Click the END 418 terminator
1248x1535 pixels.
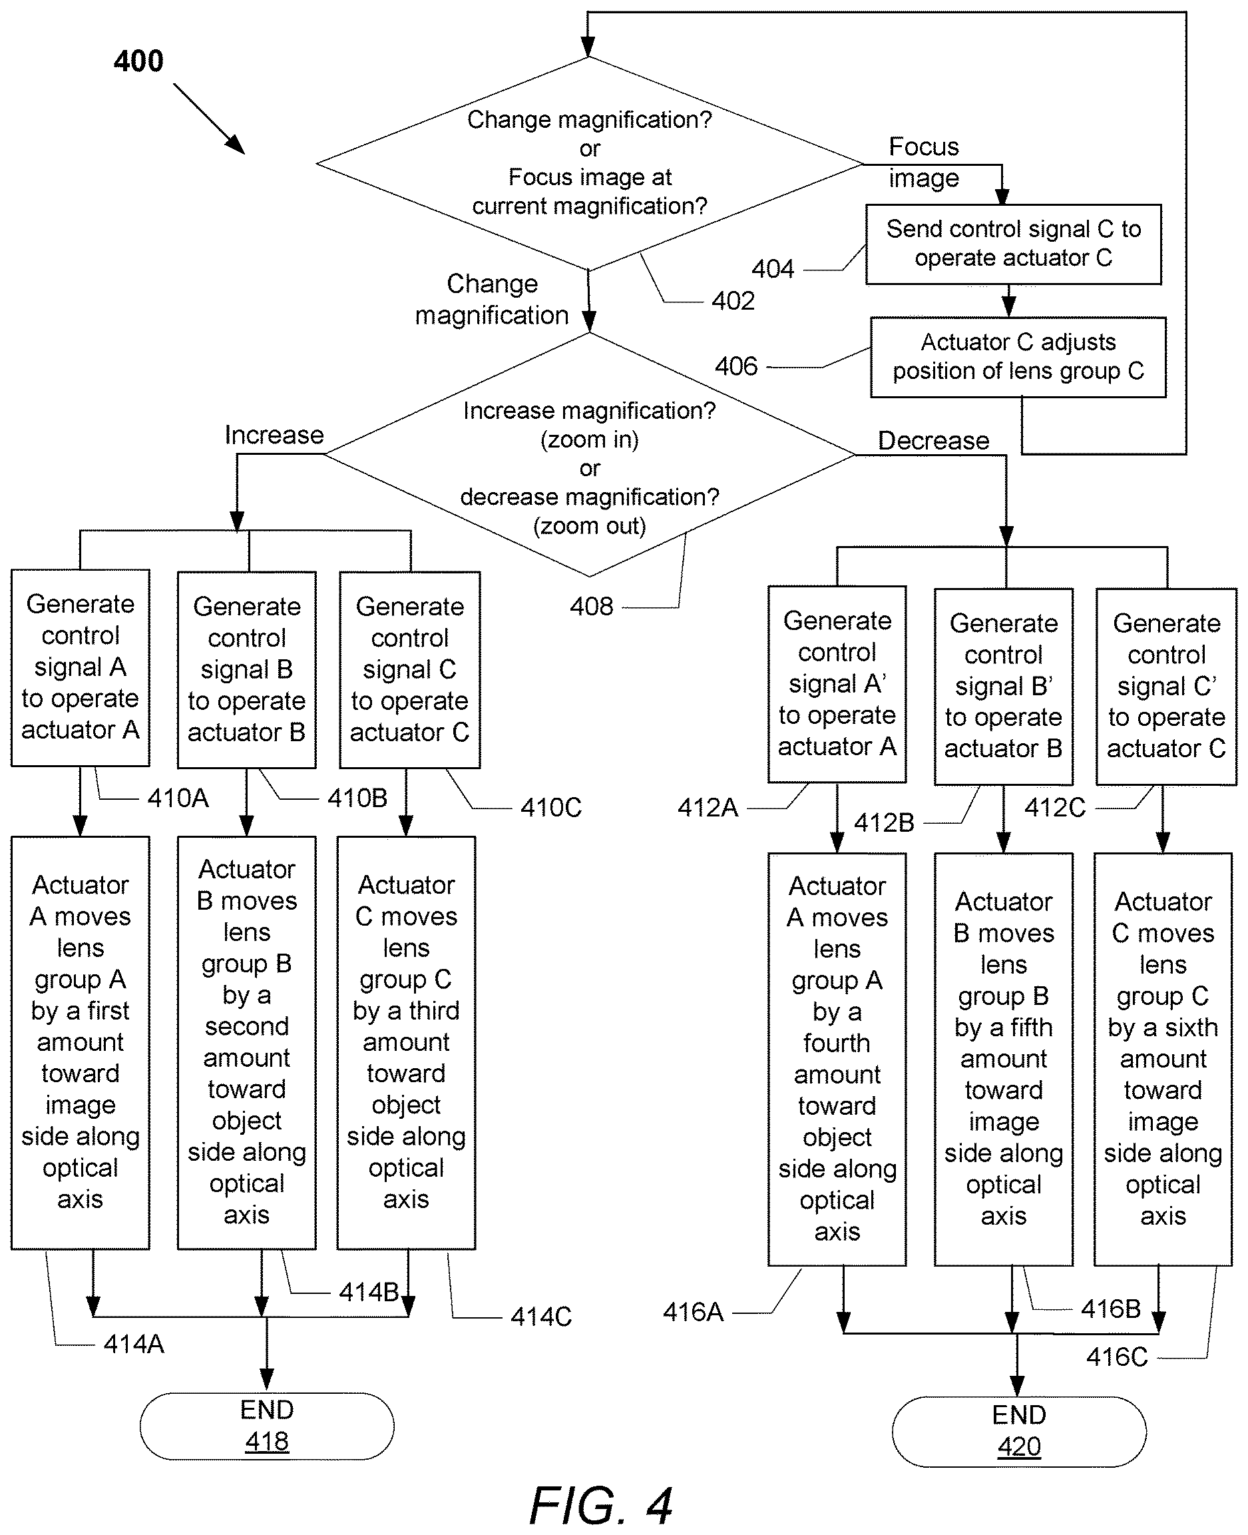coord(267,1426)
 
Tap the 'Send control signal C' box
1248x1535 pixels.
coord(1013,244)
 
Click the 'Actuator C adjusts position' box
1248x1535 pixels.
coord(1018,357)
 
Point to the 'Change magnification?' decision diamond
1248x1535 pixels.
coord(590,163)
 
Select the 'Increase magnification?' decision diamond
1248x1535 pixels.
coord(590,454)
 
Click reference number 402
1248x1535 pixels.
coord(733,300)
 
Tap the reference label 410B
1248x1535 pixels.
coord(357,798)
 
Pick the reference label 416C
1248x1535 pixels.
coord(1117,1357)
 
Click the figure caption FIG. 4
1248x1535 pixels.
coord(601,1506)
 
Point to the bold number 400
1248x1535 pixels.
coord(138,61)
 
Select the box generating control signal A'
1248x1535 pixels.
coord(837,684)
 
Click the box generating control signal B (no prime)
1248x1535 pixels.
coord(246,670)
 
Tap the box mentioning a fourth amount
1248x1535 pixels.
coord(837,1059)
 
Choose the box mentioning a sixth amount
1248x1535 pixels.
coord(1162,1059)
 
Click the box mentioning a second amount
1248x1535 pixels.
coord(246,1042)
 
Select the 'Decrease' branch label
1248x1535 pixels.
coord(934,440)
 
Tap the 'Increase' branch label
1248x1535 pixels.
coord(274,434)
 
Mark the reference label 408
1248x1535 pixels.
coord(592,607)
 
